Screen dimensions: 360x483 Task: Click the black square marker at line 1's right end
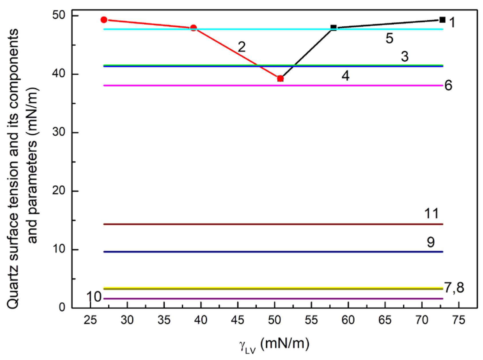pyautogui.click(x=442, y=20)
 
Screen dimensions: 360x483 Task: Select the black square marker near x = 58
pyautogui.click(x=333, y=27)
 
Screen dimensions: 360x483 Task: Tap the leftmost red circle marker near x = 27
pyautogui.click(x=104, y=20)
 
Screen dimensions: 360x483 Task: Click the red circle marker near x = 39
pyautogui.click(x=194, y=28)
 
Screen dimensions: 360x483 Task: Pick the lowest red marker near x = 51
pyautogui.click(x=280, y=78)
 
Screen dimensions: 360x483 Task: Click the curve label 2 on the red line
pyautogui.click(x=242, y=47)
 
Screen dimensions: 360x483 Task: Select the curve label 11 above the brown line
pyautogui.click(x=432, y=214)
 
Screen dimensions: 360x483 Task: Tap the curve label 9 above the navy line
pyautogui.click(x=431, y=242)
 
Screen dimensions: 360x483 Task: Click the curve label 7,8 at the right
pyautogui.click(x=454, y=288)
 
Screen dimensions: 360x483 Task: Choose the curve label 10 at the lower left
pyautogui.click(x=94, y=297)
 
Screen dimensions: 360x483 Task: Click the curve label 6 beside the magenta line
pyautogui.click(x=448, y=86)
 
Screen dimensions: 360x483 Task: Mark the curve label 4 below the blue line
pyautogui.click(x=345, y=76)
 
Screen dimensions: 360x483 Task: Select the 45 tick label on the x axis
pyautogui.click(x=238, y=320)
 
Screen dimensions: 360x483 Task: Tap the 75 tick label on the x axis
pyautogui.click(x=459, y=320)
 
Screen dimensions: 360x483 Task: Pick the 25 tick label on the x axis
pyautogui.click(x=90, y=320)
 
